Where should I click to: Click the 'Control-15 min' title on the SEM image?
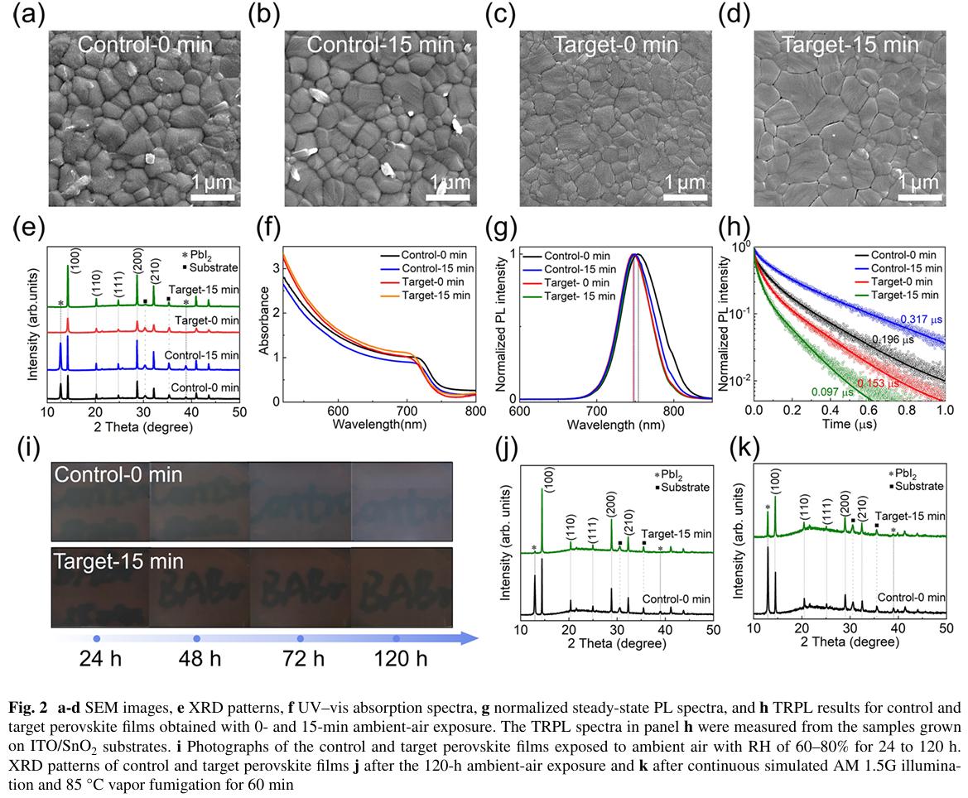(381, 46)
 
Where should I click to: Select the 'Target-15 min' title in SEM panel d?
(850, 45)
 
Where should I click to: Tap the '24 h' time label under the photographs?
(97, 659)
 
